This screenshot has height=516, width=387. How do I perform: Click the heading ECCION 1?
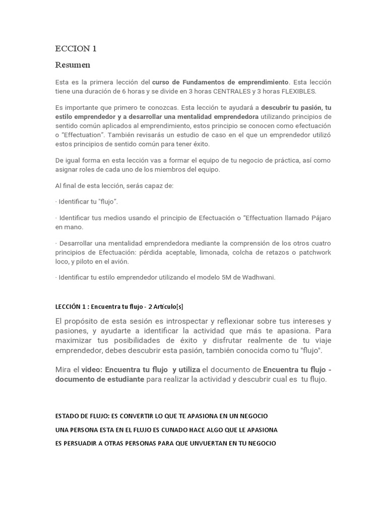coord(76,49)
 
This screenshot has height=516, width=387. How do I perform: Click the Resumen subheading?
coord(73,64)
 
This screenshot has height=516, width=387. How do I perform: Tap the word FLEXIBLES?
coord(298,91)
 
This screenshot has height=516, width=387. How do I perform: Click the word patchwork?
coord(314,252)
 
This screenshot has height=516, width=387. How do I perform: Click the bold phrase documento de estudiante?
coord(100,379)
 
